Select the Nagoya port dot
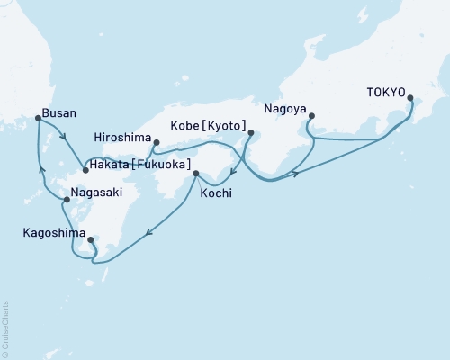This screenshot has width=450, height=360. [311, 115]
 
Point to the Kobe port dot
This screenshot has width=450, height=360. [250, 134]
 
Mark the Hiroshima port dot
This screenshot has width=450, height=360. [157, 142]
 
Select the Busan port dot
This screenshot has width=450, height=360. [37, 118]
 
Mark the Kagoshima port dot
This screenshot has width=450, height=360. [91, 240]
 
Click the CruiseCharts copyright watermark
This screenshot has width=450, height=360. [5, 328]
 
